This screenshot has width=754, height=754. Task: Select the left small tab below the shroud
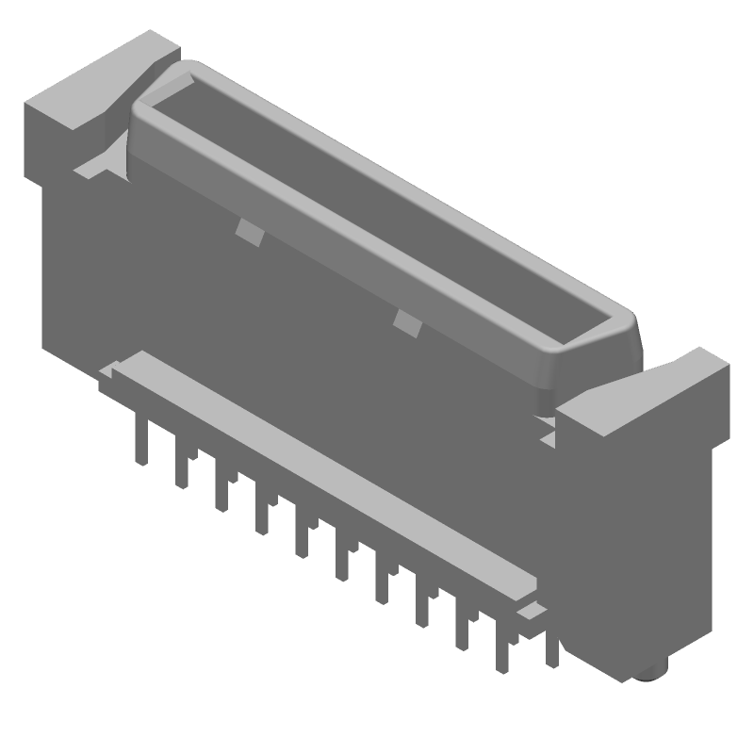coord(247,230)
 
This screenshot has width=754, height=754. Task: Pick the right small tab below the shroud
coord(407,323)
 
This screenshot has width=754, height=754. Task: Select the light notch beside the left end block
coord(90,170)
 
